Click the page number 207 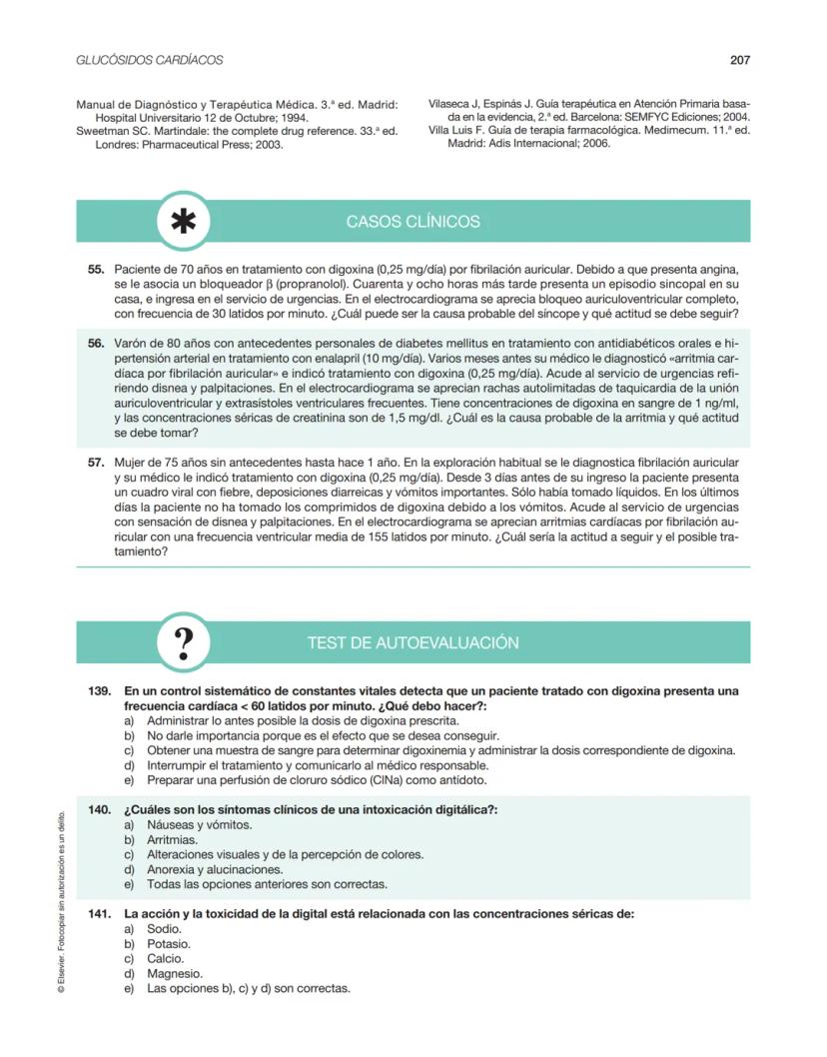pyautogui.click(x=740, y=60)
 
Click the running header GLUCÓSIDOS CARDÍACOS pyautogui.click(x=150, y=60)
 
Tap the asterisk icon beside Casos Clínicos pyautogui.click(x=184, y=222)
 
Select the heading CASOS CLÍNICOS pyautogui.click(x=413, y=222)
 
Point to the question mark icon pyautogui.click(x=184, y=641)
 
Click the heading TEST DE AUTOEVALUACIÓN pyautogui.click(x=413, y=641)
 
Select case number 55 pyautogui.click(x=96, y=270)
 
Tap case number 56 pyautogui.click(x=96, y=344)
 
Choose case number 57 pyautogui.click(x=96, y=463)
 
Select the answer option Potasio pyautogui.click(x=169, y=944)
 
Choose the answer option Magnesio pyautogui.click(x=175, y=974)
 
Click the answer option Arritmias pyautogui.click(x=172, y=839)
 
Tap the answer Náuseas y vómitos pyautogui.click(x=199, y=824)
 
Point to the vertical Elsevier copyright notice pyautogui.click(x=61, y=899)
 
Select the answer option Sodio pyautogui.click(x=164, y=929)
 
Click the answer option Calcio pyautogui.click(x=165, y=959)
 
